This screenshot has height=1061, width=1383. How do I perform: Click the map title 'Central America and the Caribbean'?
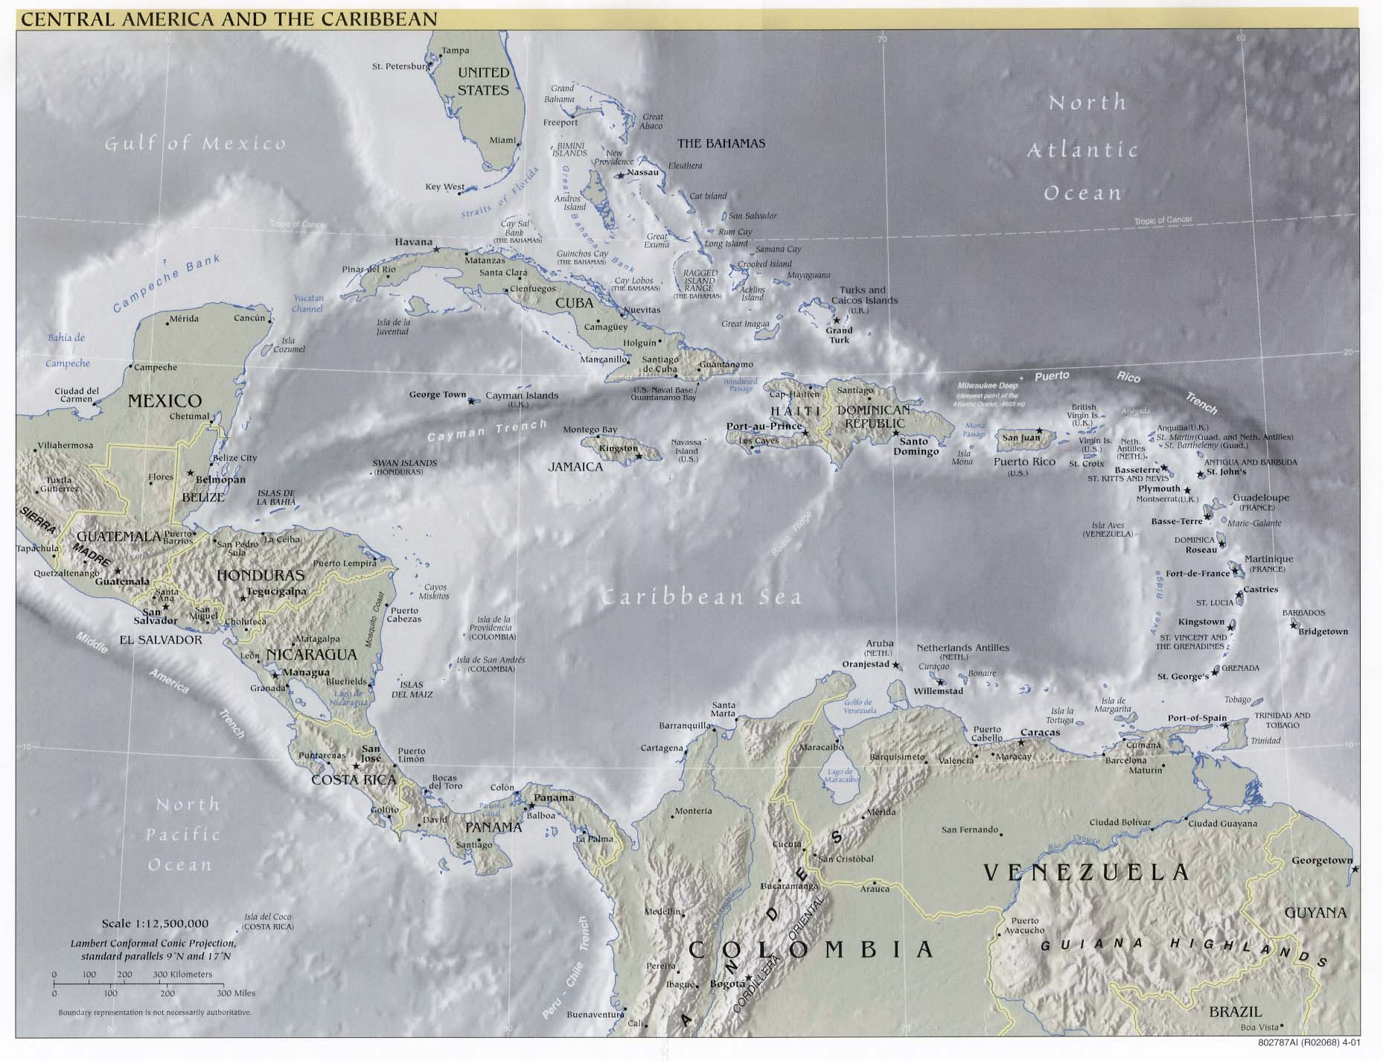click(229, 19)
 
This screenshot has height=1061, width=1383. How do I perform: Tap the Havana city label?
click(413, 242)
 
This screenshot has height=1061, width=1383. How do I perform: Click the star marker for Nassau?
click(620, 176)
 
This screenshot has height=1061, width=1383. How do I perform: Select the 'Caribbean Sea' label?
click(701, 597)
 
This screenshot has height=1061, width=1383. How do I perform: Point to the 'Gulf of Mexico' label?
click(195, 143)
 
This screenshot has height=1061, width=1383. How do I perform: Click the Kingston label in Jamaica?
click(618, 448)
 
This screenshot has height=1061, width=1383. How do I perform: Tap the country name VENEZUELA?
click(1086, 872)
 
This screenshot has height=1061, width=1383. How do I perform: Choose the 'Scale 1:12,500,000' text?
click(155, 924)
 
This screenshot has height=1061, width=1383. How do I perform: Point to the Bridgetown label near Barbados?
click(1323, 631)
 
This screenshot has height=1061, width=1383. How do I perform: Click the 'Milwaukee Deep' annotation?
click(987, 386)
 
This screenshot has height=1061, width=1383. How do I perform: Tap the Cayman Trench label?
click(487, 432)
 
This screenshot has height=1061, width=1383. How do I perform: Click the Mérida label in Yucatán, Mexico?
click(184, 319)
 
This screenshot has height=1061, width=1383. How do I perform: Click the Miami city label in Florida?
click(502, 140)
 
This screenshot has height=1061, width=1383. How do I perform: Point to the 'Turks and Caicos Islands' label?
click(868, 296)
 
